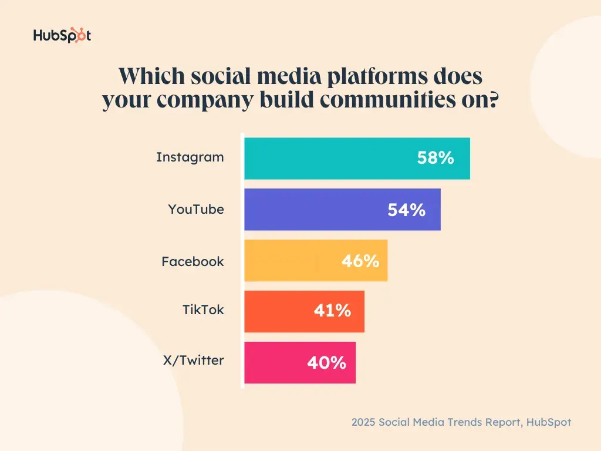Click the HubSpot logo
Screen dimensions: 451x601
click(x=62, y=36)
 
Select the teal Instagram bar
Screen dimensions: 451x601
click(x=329, y=158)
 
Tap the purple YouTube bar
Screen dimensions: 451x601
click(x=317, y=209)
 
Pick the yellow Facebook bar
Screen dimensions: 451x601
click(x=293, y=260)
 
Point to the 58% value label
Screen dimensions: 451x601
click(x=435, y=157)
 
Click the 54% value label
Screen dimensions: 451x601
click(x=406, y=210)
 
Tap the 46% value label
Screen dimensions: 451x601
click(x=360, y=261)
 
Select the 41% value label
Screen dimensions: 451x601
click(x=332, y=311)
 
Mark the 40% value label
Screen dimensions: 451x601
click(x=326, y=363)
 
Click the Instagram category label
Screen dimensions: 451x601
click(x=190, y=157)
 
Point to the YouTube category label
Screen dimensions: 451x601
click(x=196, y=209)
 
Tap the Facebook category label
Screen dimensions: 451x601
click(x=193, y=261)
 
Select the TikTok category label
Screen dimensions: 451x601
click(x=203, y=309)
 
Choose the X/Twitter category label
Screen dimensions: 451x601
click(x=194, y=361)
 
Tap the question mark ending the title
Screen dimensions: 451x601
click(x=494, y=100)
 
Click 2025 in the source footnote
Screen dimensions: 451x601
click(x=364, y=422)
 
